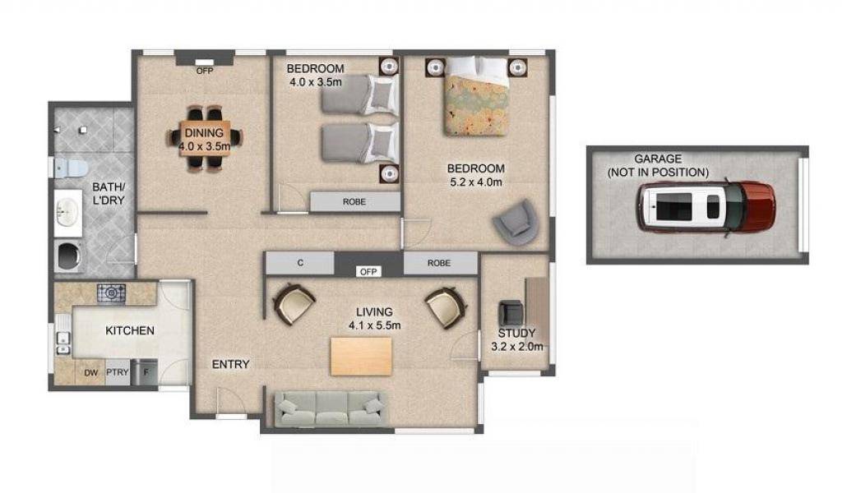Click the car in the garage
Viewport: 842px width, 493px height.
pos(706,206)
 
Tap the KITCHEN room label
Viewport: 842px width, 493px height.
pos(130,330)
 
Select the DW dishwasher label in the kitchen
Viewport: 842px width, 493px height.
pos(90,372)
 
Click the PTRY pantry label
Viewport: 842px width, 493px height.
pos(117,371)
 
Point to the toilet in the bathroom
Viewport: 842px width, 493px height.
pos(71,167)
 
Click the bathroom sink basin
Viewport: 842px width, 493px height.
pos(67,212)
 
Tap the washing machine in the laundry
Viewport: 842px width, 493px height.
pos(69,256)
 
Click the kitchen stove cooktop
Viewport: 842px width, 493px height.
pos(111,293)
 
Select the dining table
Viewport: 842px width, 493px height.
pos(205,138)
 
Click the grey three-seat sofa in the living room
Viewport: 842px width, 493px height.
pos(329,409)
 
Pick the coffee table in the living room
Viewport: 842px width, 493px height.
pos(361,357)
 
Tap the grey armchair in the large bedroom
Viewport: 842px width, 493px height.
pos(516,223)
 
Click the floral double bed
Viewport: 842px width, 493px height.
pos(476,96)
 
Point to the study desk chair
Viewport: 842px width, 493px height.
pos(511,313)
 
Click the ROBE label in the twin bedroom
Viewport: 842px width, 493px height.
pos(354,201)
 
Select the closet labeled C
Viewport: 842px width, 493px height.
pos(300,263)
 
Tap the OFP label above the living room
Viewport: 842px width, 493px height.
pos(368,272)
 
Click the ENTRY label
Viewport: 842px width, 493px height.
pos(231,364)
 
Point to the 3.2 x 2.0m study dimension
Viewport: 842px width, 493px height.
pos(516,347)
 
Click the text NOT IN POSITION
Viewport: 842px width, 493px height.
pos(658,173)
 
